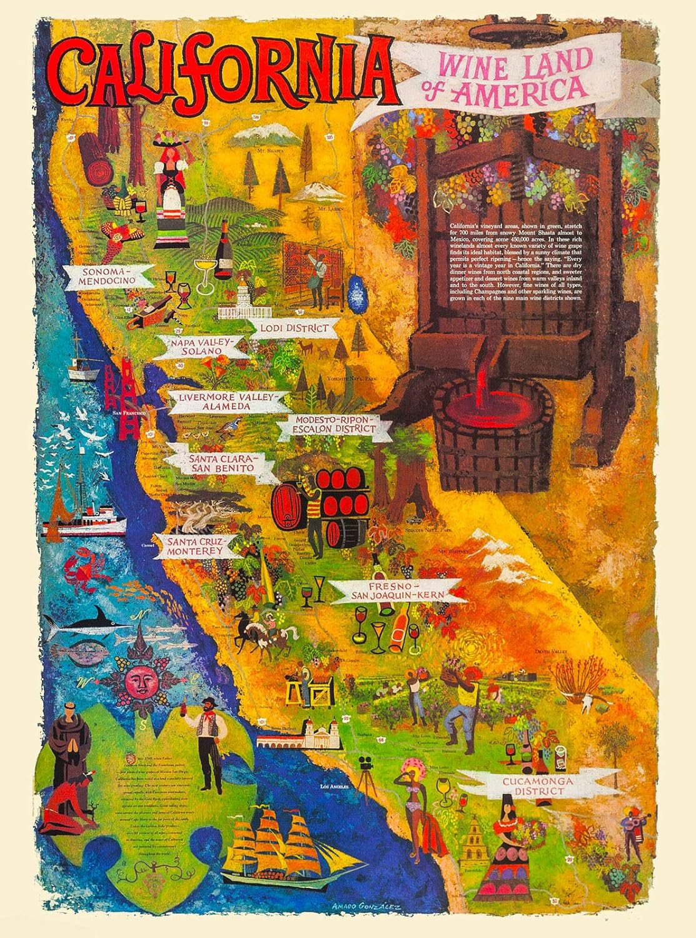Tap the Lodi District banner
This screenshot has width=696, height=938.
[293, 328]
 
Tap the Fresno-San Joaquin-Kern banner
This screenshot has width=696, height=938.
[395, 591]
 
